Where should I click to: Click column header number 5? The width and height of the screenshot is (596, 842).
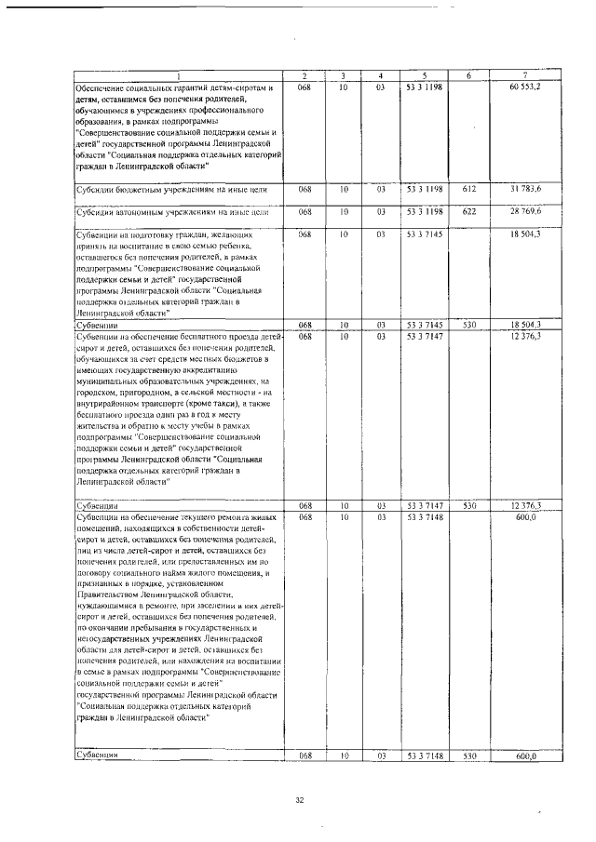424,74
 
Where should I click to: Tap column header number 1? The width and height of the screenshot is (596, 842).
178,74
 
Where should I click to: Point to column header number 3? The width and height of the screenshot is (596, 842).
344,74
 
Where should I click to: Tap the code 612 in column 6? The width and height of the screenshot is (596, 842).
469,189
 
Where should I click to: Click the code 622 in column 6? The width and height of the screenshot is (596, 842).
469,213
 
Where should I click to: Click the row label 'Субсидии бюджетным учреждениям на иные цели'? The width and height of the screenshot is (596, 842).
172,190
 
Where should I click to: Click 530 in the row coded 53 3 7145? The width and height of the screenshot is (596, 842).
469,325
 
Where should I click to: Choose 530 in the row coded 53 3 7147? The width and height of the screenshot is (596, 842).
469,505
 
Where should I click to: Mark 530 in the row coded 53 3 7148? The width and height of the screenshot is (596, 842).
469,755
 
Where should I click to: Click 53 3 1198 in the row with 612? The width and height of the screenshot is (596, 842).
424,189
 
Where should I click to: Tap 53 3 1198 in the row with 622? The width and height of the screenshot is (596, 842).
424,213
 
